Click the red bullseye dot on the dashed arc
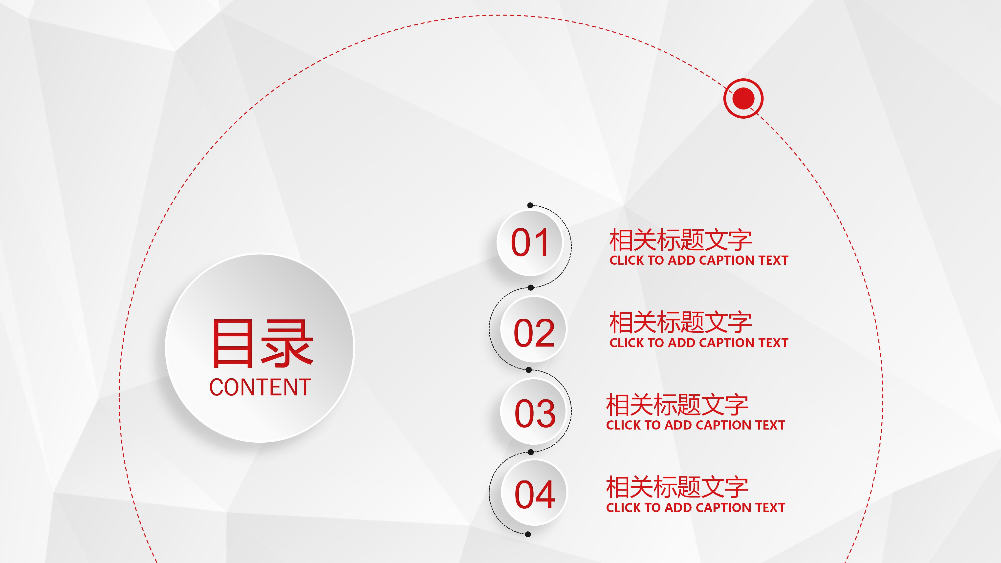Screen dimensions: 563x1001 point(743,98)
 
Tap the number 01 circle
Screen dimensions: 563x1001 point(530,243)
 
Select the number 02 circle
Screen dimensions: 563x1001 point(534,329)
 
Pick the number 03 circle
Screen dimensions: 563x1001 point(535,412)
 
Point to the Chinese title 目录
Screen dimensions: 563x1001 point(262,344)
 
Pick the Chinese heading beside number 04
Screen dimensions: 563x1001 point(677,487)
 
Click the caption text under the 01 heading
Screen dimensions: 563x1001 point(699,260)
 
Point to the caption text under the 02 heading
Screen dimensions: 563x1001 point(699,343)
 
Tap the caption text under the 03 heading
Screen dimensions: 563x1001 point(695,425)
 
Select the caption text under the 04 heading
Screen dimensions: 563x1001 point(695,507)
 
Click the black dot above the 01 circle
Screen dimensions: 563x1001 point(530,205)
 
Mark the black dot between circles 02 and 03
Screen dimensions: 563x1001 point(528,370)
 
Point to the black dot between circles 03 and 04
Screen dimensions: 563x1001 point(531,452)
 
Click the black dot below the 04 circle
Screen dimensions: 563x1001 point(528,534)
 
